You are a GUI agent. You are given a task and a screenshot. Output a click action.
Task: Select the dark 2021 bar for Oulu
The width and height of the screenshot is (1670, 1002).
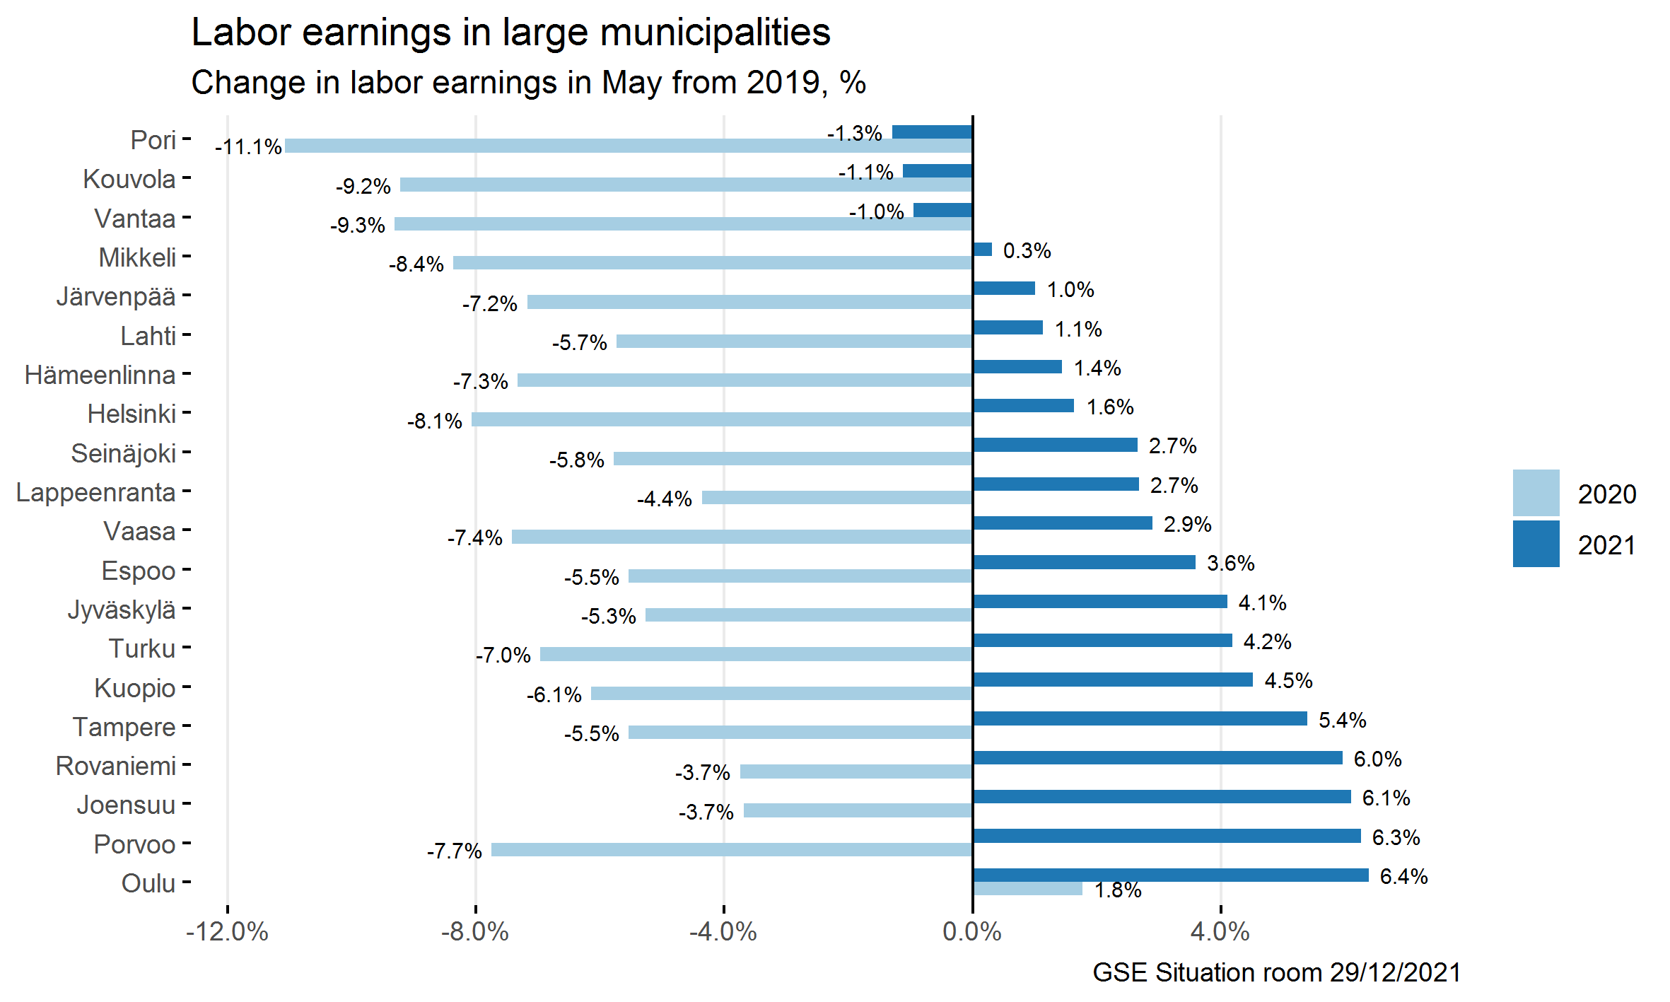point(1170,875)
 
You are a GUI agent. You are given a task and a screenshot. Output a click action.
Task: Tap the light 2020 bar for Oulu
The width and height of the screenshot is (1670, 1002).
point(1027,889)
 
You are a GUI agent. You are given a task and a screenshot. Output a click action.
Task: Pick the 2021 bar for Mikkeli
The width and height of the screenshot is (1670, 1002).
point(983,250)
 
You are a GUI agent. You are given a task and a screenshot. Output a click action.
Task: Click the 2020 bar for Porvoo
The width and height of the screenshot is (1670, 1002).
point(732,849)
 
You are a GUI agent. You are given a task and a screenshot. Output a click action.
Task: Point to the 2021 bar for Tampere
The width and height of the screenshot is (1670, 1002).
point(1140,718)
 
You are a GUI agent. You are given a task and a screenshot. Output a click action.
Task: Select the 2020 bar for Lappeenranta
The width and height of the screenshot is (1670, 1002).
point(837,498)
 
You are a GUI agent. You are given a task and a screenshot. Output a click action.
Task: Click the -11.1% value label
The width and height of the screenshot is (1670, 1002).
point(248,147)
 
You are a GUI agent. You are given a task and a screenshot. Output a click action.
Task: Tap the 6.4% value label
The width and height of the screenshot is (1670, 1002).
point(1403,877)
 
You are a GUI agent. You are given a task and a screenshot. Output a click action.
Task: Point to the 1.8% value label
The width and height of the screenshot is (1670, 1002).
point(1118,890)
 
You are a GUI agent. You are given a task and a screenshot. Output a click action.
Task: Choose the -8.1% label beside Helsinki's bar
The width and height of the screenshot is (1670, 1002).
point(434,421)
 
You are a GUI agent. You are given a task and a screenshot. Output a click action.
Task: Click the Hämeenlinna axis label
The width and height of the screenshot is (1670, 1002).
point(100,375)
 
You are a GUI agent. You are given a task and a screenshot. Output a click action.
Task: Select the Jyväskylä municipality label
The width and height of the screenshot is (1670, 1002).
point(122,610)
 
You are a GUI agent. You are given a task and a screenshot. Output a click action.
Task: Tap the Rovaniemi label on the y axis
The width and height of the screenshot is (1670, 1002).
point(115,766)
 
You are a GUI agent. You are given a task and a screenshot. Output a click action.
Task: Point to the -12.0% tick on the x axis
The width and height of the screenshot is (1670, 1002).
point(227,932)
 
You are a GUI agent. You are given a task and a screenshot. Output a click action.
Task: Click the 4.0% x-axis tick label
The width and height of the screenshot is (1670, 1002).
point(1220,932)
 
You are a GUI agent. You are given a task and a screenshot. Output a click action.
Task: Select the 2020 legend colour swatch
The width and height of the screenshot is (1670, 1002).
point(1536,493)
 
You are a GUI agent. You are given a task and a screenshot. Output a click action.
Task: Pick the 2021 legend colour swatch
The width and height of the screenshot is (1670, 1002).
point(1536,544)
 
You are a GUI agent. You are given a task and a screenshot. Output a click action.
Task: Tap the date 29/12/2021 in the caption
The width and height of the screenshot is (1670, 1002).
point(1395,973)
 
